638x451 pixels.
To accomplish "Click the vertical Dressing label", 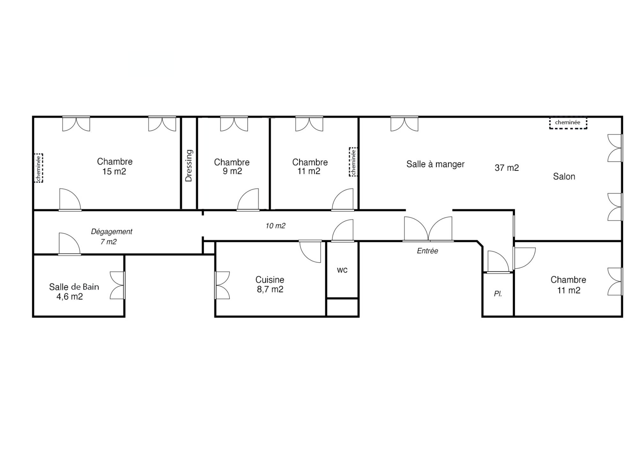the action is click(x=189, y=166).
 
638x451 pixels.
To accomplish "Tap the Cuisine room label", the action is click(x=270, y=280).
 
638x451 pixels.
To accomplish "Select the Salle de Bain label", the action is click(x=74, y=287).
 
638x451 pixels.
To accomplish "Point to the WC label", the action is click(x=342, y=270).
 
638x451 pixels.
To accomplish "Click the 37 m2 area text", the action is click(x=507, y=168).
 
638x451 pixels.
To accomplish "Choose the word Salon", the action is click(x=564, y=176).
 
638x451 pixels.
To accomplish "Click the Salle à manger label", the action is click(x=435, y=164).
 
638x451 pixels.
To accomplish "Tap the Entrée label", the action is click(x=427, y=251).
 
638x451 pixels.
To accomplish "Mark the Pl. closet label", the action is click(x=498, y=294).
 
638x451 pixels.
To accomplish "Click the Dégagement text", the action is click(x=112, y=232).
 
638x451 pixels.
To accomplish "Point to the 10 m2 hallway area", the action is click(x=275, y=226).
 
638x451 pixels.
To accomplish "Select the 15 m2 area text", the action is click(x=114, y=172).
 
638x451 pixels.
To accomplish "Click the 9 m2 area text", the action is click(x=232, y=171).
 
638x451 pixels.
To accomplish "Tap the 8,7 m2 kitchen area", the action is click(x=270, y=289).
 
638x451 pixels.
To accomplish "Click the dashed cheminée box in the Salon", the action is click(x=568, y=123).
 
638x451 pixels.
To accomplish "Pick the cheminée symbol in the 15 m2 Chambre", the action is click(x=39, y=168).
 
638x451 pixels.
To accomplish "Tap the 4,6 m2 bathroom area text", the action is click(x=70, y=297).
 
